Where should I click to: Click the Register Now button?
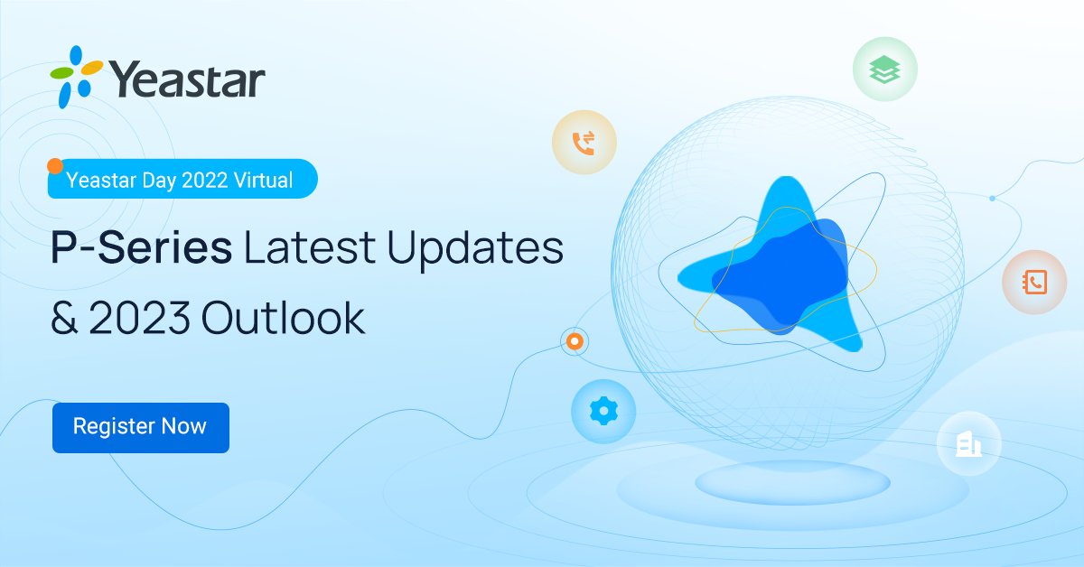click(x=140, y=427)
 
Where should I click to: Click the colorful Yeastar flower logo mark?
click(x=75, y=77)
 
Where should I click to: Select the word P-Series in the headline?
click(x=141, y=248)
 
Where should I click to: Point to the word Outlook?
click(x=284, y=318)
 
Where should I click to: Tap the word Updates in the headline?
click(x=475, y=248)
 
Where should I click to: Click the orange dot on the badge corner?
click(x=54, y=166)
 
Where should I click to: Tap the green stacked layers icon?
click(x=884, y=70)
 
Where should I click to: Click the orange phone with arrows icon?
click(x=584, y=143)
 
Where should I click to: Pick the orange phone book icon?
click(x=1034, y=283)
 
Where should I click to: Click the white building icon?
click(x=968, y=443)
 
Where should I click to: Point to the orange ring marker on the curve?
click(x=574, y=342)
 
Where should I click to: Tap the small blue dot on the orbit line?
click(x=992, y=198)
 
